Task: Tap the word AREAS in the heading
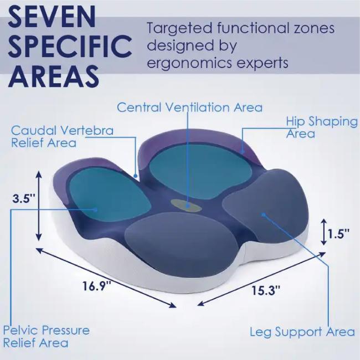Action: click(54, 76)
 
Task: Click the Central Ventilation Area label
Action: click(189, 107)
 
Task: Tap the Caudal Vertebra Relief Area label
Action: click(62, 137)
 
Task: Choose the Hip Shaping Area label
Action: click(322, 127)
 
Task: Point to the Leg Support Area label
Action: click(302, 332)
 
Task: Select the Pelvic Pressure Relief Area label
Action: click(47, 337)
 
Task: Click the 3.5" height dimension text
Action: click(24, 199)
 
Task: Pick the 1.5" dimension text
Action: click(338, 234)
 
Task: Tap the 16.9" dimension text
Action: click(97, 286)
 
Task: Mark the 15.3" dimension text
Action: click(266, 290)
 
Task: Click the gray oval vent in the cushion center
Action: click(187, 205)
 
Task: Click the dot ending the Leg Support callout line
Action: click(264, 215)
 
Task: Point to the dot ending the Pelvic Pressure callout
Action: click(95, 209)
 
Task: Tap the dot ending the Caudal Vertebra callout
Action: click(136, 176)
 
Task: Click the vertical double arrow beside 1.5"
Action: click(324, 232)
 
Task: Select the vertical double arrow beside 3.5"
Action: click(39, 205)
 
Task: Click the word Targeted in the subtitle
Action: click(179, 28)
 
